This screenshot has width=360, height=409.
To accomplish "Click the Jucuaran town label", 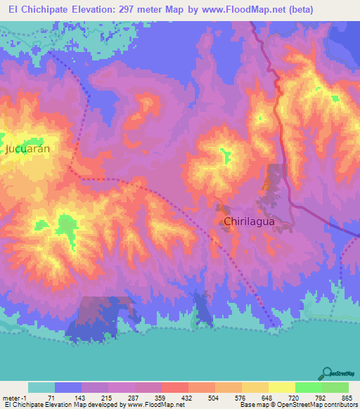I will (x=29, y=149).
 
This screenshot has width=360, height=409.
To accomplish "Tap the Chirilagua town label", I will (x=248, y=221).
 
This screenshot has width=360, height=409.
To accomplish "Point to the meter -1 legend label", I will (x=15, y=397).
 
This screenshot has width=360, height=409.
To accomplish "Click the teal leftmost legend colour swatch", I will (x=41, y=387).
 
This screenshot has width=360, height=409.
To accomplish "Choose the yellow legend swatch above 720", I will (x=281, y=387).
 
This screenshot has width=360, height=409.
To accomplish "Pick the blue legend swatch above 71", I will (x=67, y=387).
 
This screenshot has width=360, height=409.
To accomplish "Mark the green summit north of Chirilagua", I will (x=226, y=155).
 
